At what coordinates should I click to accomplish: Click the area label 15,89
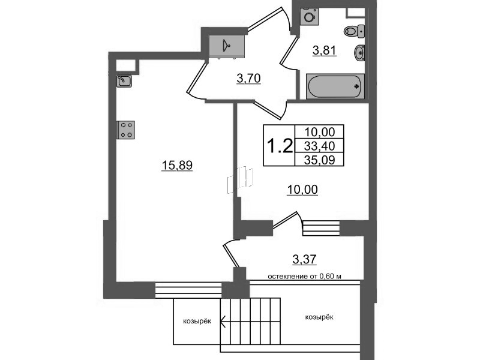tap(177, 166)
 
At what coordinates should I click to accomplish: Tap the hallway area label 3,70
tap(248, 79)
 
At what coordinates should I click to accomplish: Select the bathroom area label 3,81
tap(325, 50)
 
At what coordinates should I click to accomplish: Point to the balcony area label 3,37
tap(304, 260)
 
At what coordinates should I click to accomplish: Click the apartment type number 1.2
tap(280, 145)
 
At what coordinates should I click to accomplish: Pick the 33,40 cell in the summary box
tap(319, 146)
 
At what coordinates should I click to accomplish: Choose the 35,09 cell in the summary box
tap(319, 160)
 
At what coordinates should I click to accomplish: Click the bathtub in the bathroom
tap(335, 86)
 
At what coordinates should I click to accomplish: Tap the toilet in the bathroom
tap(354, 31)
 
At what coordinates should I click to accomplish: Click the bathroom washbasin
tap(359, 52)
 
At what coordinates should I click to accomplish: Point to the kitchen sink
tap(124, 81)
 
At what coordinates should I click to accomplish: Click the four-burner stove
tap(126, 130)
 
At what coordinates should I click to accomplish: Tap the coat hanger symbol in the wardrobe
tap(226, 46)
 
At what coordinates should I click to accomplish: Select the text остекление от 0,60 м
tap(305, 277)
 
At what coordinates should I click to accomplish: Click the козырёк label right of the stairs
tap(319, 317)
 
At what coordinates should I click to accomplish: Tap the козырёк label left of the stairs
tap(197, 322)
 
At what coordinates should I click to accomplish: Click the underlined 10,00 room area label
tap(302, 190)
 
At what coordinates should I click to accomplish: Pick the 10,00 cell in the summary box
tap(319, 132)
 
